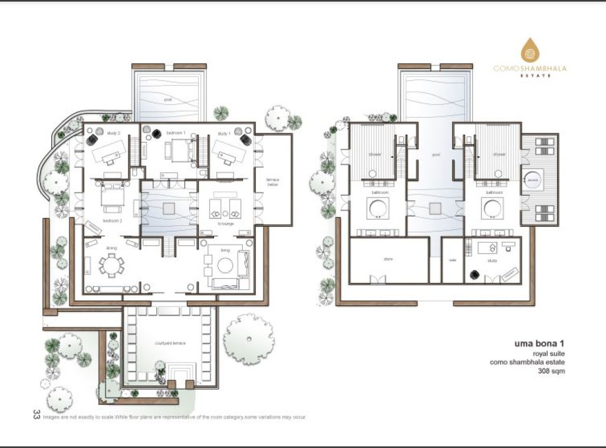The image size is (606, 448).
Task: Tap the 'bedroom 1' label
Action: (x=176, y=133)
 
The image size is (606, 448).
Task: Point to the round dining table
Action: (x=111, y=267)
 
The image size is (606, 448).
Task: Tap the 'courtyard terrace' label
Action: (x=167, y=342)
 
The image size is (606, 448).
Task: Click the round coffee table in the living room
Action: (x=225, y=266)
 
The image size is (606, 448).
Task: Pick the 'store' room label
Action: (x=388, y=259)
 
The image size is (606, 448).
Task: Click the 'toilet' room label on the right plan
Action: (x=452, y=260)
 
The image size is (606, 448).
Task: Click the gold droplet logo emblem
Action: (x=530, y=52)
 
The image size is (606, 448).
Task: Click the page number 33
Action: (x=37, y=414)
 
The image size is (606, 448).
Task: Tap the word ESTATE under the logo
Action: (x=530, y=75)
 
